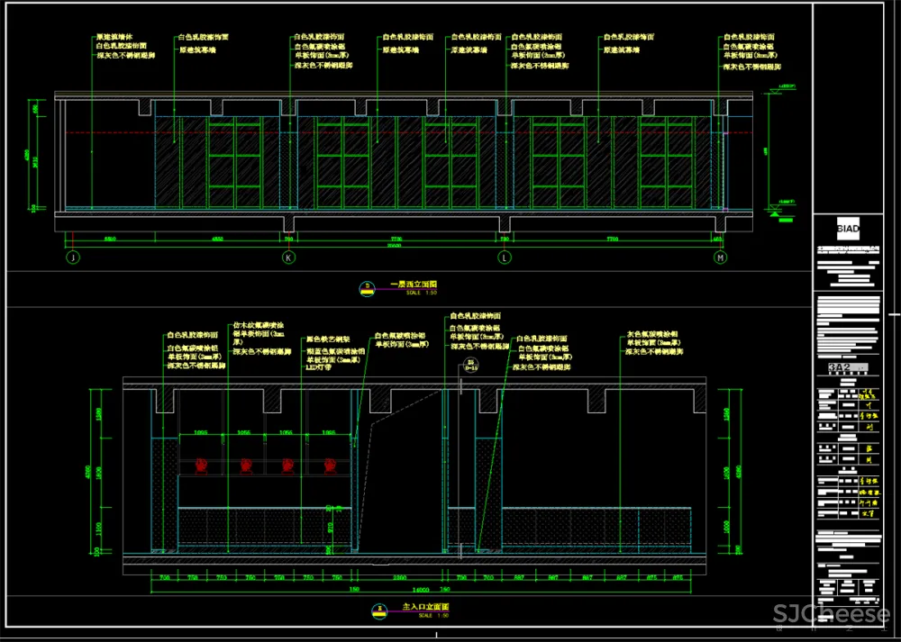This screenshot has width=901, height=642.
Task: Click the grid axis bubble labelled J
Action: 70,258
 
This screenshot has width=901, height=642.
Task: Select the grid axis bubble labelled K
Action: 289,258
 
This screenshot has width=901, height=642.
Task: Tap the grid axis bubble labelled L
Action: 505,258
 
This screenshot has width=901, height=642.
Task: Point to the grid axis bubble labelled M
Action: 721,258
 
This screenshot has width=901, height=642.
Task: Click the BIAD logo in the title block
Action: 847,229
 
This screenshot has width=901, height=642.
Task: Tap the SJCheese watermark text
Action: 831,615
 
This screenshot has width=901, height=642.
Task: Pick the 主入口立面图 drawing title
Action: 424,608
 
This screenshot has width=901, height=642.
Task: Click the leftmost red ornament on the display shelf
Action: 202,466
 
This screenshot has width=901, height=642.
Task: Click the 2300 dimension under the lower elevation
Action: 396,576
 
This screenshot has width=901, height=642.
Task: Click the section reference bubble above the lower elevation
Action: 470,366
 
